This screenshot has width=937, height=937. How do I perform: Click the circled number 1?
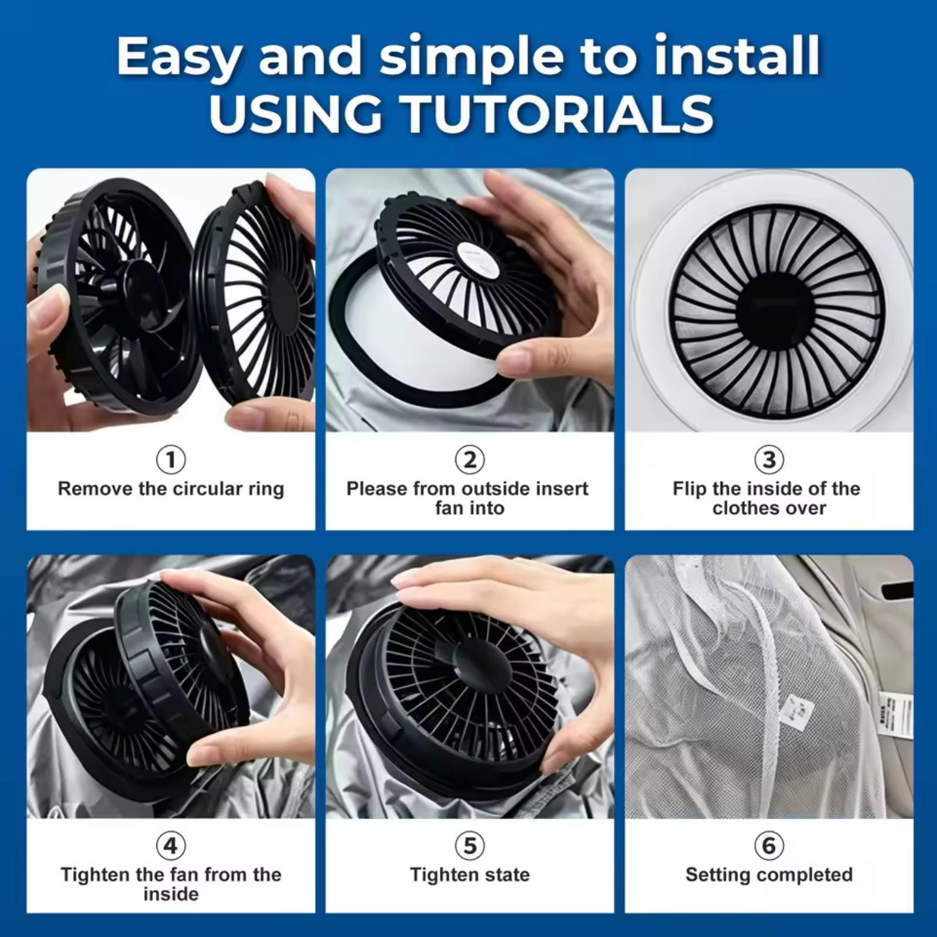pos(171,460)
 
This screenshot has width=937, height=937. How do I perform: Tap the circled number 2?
pos(470,460)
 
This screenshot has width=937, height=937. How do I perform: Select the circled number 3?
pos(769,460)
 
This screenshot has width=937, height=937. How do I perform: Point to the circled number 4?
pos(171,846)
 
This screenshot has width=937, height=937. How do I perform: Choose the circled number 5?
pos(470,846)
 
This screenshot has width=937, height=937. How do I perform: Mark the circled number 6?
pos(769,846)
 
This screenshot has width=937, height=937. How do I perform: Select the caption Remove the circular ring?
pos(171,489)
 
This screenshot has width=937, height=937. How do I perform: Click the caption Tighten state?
pos(470,875)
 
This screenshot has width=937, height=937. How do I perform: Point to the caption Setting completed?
pos(769,875)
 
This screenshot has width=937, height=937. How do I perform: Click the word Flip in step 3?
pos(689,488)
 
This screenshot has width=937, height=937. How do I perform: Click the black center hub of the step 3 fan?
pos(768,305)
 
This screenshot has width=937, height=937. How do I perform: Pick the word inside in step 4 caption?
pos(171,894)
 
